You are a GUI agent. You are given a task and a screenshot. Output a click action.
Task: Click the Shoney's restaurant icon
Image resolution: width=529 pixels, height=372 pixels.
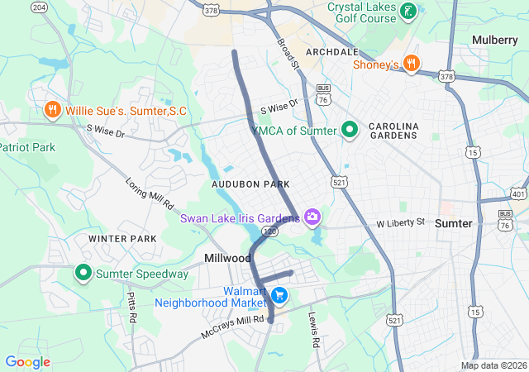(412, 64)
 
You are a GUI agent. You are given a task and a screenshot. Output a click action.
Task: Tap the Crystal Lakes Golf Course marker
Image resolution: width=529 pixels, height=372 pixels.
(407, 12)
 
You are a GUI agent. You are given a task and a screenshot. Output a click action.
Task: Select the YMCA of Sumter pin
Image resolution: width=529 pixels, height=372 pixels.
(350, 130)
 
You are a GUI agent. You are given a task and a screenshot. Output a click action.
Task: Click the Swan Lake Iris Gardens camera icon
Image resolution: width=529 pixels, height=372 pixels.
(312, 217)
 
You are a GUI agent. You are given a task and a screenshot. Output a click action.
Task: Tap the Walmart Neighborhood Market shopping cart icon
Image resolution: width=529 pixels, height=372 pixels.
(279, 295)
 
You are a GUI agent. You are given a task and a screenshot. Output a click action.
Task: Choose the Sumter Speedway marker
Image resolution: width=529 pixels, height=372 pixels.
(83, 272)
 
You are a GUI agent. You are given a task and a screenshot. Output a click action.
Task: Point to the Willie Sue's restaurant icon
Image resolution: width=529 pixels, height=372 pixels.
(51, 109)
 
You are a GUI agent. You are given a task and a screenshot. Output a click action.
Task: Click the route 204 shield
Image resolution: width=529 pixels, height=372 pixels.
(39, 7)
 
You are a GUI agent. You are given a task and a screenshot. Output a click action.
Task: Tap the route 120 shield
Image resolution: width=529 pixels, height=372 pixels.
(270, 234)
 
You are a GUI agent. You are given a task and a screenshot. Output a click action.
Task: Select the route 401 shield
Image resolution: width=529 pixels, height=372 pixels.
(518, 193)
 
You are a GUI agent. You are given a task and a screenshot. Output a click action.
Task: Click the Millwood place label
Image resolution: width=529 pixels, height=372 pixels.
(228, 259)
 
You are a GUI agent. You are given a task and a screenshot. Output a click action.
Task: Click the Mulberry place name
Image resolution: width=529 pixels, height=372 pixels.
(494, 40)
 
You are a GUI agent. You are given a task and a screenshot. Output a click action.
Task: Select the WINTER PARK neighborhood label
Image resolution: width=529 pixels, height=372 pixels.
(122, 239)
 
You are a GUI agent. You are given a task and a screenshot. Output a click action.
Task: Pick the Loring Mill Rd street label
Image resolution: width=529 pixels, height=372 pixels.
(150, 193)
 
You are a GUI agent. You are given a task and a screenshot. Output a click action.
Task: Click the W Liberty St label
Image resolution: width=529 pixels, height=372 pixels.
(400, 223)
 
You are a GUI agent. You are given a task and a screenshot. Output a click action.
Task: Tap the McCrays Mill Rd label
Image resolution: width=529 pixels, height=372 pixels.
(234, 326)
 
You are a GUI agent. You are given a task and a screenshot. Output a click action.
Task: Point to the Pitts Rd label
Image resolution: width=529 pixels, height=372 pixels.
(132, 307)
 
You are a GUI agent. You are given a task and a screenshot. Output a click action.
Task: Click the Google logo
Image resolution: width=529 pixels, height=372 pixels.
(27, 362)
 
